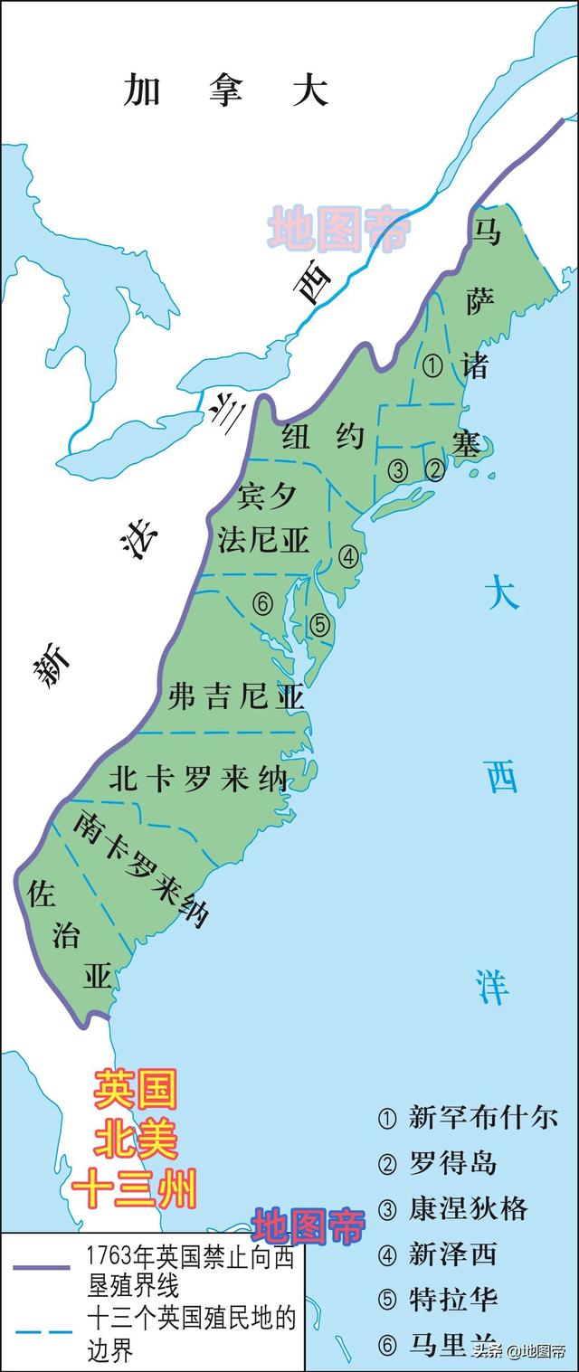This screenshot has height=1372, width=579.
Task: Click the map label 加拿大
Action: (x=225, y=90)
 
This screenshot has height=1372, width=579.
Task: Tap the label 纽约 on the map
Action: (x=323, y=437)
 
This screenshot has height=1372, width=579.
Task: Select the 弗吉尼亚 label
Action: (x=237, y=696)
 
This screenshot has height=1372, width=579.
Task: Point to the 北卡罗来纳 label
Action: (x=197, y=780)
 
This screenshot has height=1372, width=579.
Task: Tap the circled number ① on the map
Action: (x=432, y=365)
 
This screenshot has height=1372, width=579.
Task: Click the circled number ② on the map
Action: (x=434, y=468)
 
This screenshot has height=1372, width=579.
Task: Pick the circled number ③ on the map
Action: (x=397, y=469)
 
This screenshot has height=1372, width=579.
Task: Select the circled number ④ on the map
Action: (x=348, y=555)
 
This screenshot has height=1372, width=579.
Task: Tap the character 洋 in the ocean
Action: (x=493, y=986)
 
